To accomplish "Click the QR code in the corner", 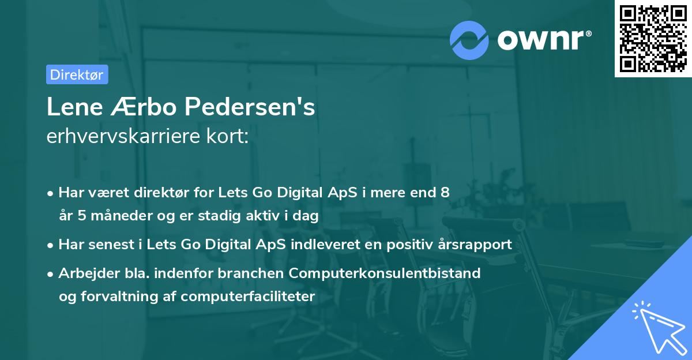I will [x=653, y=38].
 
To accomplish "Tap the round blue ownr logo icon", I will [x=469, y=39].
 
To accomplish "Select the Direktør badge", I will [x=77, y=74].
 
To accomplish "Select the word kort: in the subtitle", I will [x=229, y=137].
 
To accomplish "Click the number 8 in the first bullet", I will [x=445, y=193].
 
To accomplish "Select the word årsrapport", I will [x=473, y=244].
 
